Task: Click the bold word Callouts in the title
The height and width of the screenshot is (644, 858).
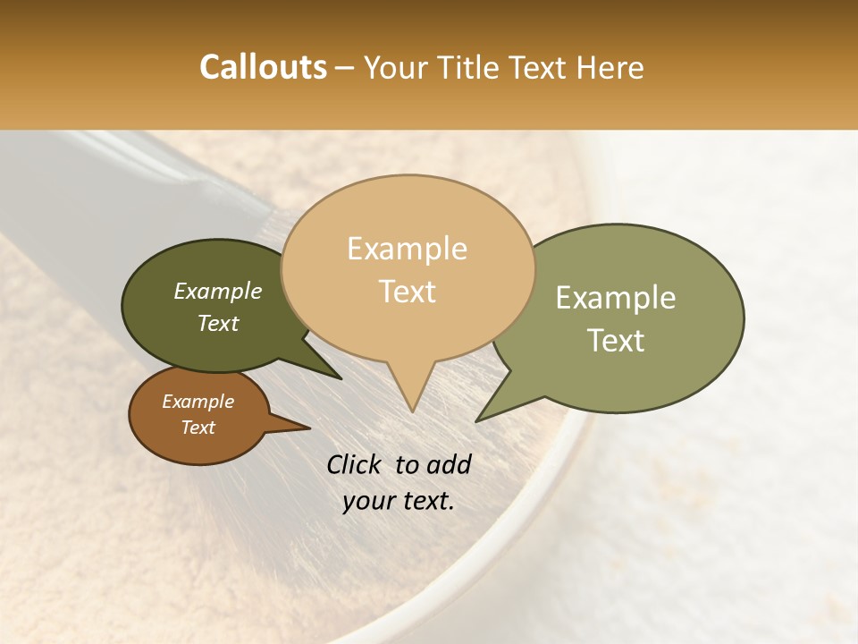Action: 263,67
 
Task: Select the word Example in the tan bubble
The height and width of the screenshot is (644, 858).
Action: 407,249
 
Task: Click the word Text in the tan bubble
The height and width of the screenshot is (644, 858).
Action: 407,291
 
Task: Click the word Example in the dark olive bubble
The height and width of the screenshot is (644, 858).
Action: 218,291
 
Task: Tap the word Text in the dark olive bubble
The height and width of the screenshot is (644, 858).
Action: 218,323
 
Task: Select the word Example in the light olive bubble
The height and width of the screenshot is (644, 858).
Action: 616,298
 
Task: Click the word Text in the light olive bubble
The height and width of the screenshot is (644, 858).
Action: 616,340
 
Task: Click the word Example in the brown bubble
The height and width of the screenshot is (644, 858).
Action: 198,402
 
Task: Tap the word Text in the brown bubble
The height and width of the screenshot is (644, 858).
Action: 198,428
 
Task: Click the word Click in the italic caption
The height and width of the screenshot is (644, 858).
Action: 356,464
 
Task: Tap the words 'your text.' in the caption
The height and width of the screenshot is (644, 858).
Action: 399,501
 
